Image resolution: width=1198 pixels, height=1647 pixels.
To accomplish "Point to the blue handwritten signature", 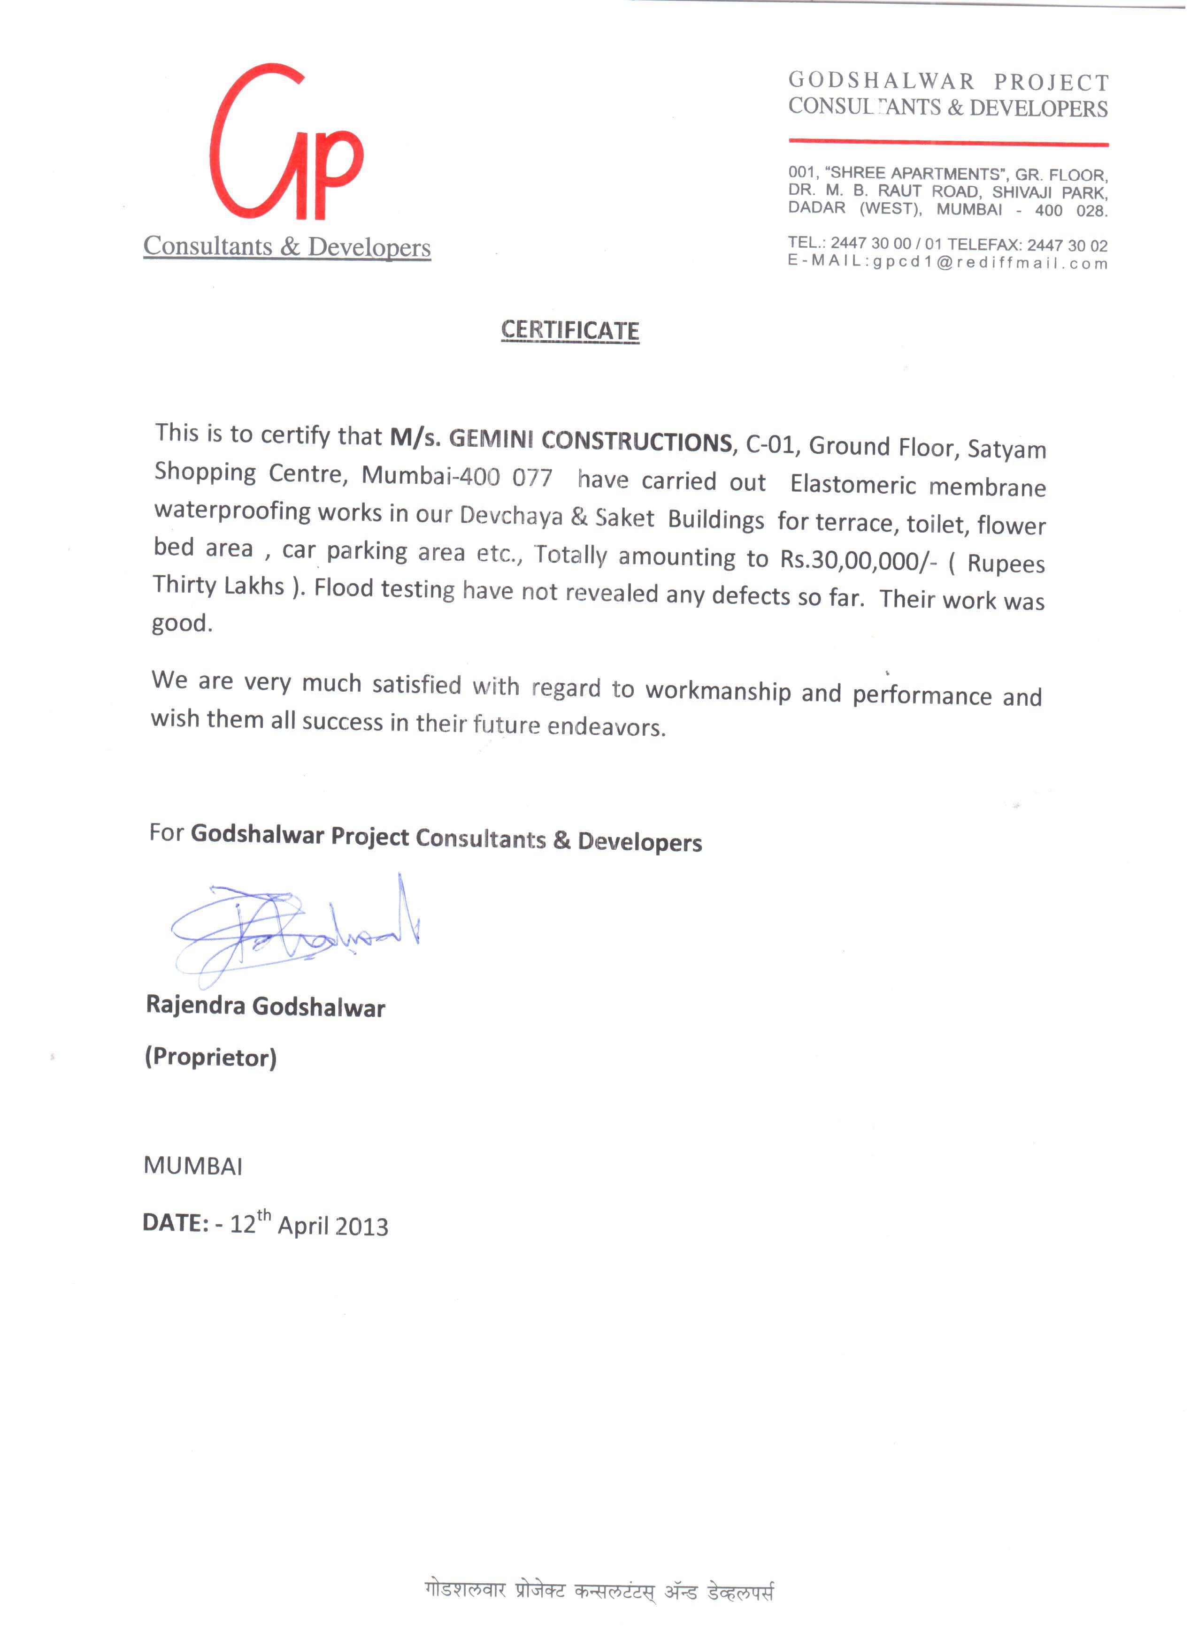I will click(291, 930).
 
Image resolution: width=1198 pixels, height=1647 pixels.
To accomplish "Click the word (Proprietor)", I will click(211, 1057).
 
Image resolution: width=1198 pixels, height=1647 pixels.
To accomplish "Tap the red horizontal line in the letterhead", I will click(948, 142).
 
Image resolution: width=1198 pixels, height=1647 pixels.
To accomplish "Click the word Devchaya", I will click(512, 516).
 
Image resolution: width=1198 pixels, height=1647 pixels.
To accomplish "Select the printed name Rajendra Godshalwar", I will click(265, 1006).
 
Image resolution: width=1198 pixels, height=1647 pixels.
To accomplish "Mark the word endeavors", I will click(606, 726).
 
